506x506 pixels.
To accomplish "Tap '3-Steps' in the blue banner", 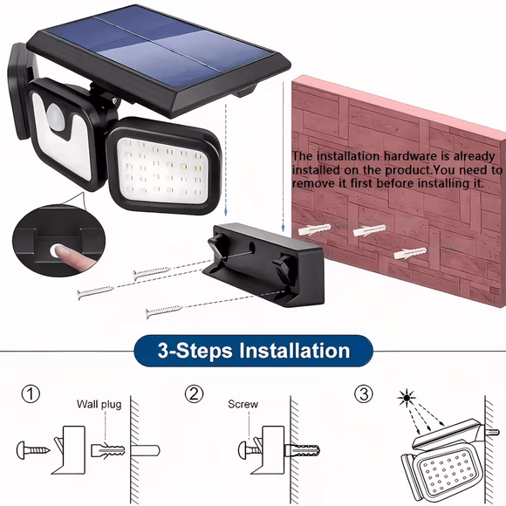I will click(187, 352).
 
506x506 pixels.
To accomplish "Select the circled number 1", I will click(32, 394).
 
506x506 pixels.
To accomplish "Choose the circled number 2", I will click(194, 394).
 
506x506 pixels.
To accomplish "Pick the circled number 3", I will click(363, 394).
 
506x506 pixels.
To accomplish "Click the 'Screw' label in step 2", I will click(243, 404).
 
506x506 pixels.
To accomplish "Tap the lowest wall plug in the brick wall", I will click(407, 253).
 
